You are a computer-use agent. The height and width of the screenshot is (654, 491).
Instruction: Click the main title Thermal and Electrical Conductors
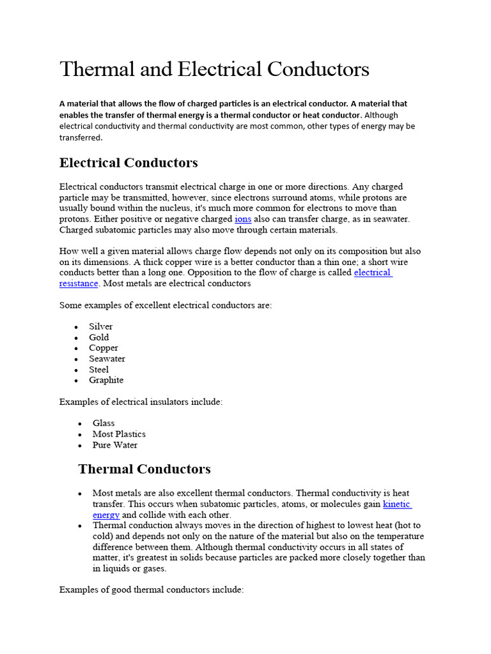[x=214, y=69]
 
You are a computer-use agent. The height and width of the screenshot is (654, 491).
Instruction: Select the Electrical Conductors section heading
[x=129, y=163]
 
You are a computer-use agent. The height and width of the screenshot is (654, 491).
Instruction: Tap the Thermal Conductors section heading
[x=144, y=469]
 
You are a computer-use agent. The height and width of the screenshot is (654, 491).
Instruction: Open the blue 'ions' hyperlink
[x=243, y=219]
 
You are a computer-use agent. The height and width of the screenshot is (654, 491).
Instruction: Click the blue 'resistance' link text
[x=79, y=283]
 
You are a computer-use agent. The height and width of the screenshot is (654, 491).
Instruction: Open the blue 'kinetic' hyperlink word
[x=396, y=504]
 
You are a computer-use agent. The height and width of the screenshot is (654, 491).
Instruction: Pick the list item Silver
[x=101, y=326]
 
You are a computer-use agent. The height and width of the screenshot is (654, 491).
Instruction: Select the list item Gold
[x=99, y=337]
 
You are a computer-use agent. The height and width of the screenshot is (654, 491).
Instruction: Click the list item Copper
[x=104, y=348]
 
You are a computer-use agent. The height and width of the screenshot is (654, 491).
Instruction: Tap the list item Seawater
[x=107, y=359]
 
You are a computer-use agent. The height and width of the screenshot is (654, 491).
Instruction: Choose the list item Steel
[x=99, y=370]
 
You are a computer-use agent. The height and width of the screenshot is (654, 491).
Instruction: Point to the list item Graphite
[x=106, y=380]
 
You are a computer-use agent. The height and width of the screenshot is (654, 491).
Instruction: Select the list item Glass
[x=104, y=423]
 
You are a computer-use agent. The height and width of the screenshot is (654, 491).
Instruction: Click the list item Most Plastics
[x=119, y=434]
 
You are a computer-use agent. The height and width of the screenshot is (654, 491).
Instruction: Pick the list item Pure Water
[x=115, y=445]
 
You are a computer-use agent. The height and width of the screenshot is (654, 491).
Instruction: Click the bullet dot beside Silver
[x=76, y=327]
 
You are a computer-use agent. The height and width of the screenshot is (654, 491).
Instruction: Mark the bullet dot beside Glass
[x=79, y=423]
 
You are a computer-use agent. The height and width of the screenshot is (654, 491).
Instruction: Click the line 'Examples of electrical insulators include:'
[x=141, y=402]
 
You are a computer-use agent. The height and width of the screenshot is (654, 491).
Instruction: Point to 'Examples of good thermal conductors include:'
[x=152, y=590]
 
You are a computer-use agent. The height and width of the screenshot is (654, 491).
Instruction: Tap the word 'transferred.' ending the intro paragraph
[x=81, y=137]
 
